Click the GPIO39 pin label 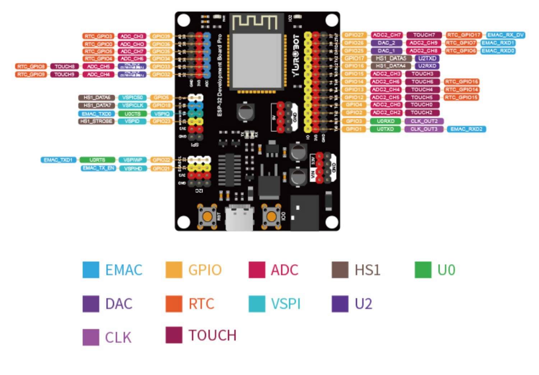pos(161,36)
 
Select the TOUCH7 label pos(424,35)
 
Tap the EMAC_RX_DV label pos(506,35)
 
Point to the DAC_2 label pos(386,43)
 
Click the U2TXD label pos(427,58)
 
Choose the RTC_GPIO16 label pos(461,82)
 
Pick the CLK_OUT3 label pos(424,129)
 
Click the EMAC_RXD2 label pos(466,129)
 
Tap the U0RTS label pos(97,160)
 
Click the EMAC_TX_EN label pos(99,168)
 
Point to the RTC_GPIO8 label pos(31,66)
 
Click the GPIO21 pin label pos(161,168)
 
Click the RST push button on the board pos(208,216)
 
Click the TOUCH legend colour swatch pos(174,335)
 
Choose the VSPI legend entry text pos(286,304)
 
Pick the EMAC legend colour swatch pos(91,270)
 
